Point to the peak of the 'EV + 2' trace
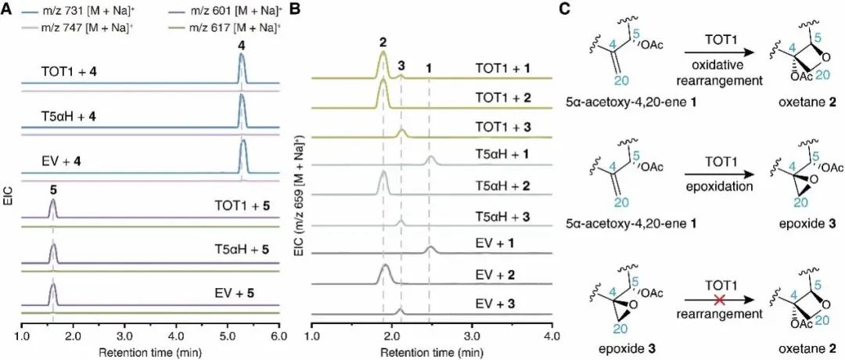point(384,265)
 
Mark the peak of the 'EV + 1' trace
point(430,247)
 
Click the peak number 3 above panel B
point(401,68)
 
